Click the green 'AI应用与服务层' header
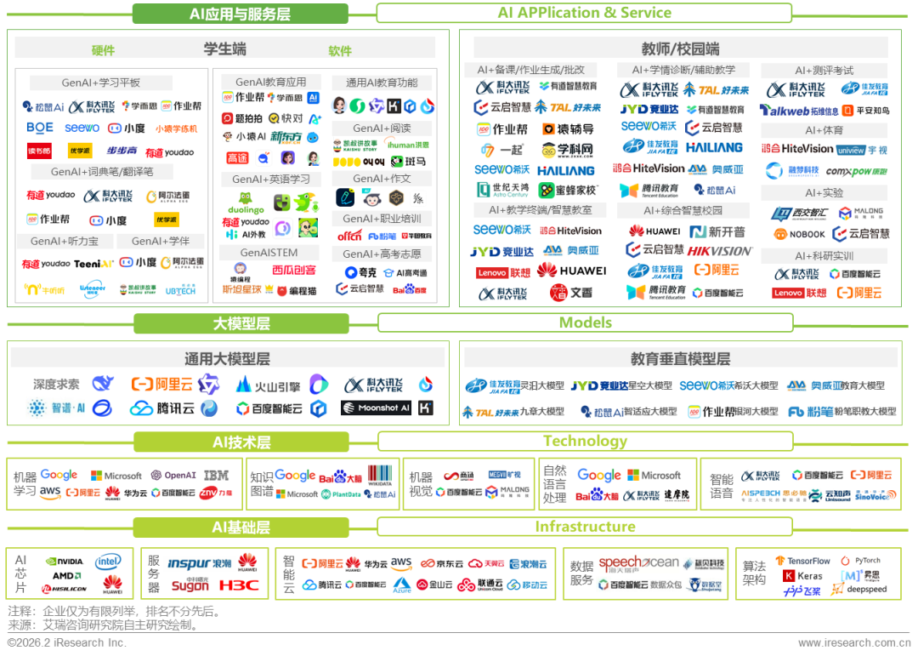(240, 14)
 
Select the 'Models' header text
(585, 323)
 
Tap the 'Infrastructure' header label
(585, 527)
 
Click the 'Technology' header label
(585, 441)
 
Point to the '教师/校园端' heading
(679, 48)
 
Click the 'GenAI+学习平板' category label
(100, 83)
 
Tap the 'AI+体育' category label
(824, 130)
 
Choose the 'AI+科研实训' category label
(824, 255)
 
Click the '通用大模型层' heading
(227, 358)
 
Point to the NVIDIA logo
(65, 562)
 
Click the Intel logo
(109, 562)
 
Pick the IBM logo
(217, 475)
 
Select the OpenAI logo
(173, 475)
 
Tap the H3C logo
(237, 585)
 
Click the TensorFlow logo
(803, 562)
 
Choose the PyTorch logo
(861, 561)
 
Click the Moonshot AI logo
(376, 408)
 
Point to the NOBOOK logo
(799, 234)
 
